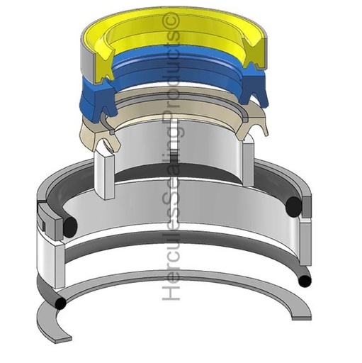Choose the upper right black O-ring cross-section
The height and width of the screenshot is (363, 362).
(295, 207)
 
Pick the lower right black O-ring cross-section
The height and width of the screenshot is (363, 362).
(304, 281)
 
